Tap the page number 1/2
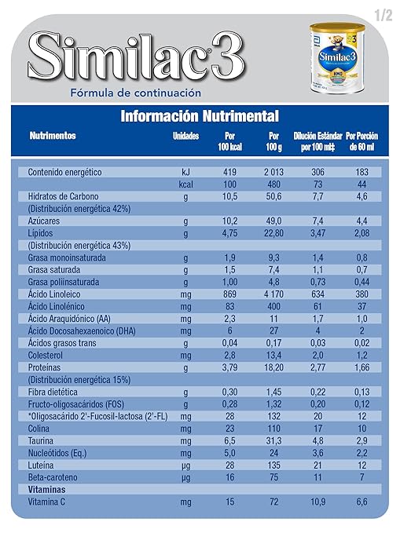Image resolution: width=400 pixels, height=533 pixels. coord(382,13)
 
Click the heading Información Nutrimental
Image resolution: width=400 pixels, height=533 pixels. coord(199,117)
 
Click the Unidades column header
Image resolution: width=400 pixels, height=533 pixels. coord(186,136)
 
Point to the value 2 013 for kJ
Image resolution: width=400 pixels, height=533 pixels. coord(273,172)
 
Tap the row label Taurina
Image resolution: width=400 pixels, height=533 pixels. coord(42,441)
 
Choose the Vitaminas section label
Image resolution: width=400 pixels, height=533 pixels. coord(46,489)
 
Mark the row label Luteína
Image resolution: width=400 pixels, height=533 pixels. coord(42,465)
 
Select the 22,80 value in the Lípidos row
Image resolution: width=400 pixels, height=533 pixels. coord(273,233)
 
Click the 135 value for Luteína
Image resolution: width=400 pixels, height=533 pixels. coord(273,465)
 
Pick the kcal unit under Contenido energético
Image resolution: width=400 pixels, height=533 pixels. coord(185,184)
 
